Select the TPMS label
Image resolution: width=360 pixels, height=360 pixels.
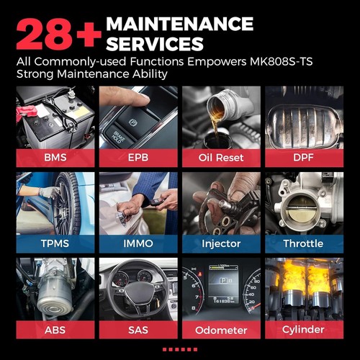(55, 243)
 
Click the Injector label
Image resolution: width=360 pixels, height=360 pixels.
(220, 243)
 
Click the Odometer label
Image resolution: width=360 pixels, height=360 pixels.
(220, 330)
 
